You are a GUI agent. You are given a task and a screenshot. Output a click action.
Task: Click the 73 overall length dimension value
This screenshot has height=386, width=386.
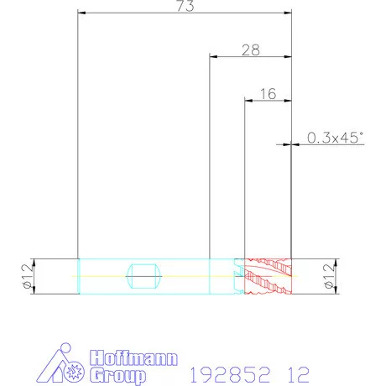pos(185,6)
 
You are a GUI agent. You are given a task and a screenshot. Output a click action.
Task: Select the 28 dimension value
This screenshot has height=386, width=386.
pos(251,50)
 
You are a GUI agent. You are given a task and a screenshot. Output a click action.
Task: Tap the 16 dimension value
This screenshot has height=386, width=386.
pos(268,94)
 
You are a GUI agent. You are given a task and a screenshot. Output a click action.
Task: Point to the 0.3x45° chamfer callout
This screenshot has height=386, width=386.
pos(335,138)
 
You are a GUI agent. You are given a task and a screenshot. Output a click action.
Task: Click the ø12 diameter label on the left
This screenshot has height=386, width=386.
pos(27,276)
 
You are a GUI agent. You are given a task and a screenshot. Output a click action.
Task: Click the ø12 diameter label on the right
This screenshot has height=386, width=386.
pos(329,276)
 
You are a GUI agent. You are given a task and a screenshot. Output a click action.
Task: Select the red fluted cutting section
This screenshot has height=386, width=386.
pos(268,276)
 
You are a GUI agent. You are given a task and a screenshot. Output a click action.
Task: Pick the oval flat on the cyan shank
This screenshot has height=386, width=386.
pos(144,276)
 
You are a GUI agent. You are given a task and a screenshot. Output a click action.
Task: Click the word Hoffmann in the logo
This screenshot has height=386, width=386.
pos(133,357)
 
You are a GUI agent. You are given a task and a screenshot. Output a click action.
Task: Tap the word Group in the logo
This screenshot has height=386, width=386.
pos(118,376)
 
